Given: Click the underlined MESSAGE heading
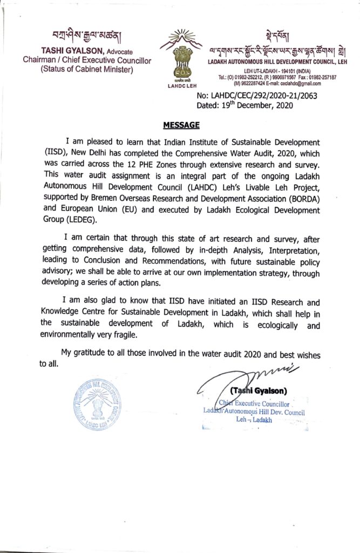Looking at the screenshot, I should (x=181, y=125).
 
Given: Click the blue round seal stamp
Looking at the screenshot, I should (x=97, y=404).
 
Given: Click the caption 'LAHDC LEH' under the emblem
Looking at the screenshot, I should (x=182, y=85).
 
